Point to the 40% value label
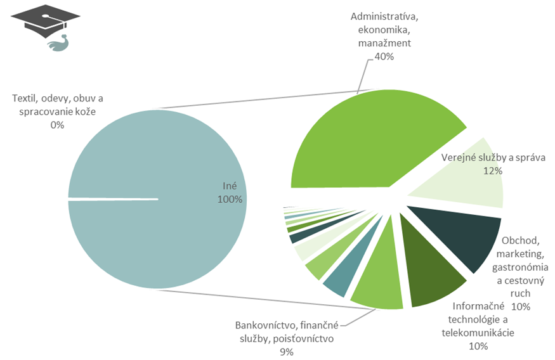pos(384,56)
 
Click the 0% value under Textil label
pos(57,125)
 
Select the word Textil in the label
pos(25,98)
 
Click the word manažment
pos(384,44)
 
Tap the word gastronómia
pos(521,267)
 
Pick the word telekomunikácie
pos(478,332)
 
